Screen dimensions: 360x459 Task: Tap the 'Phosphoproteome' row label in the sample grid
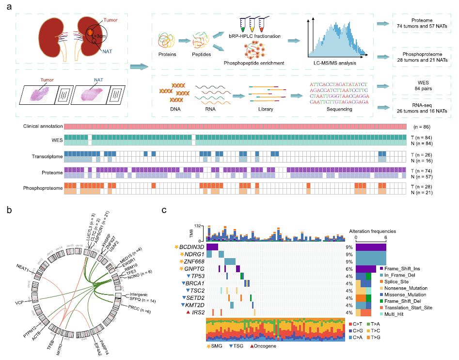click(x=43, y=188)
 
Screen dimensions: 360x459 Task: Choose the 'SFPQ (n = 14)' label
click(x=140, y=298)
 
